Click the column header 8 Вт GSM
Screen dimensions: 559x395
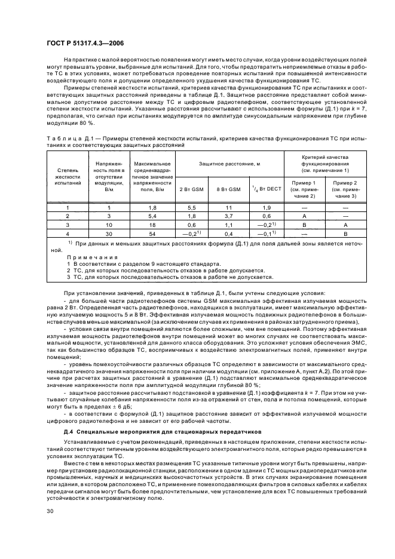tap(228, 189)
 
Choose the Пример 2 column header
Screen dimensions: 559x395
tap(344, 189)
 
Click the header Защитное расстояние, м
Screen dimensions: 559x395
tap(228, 163)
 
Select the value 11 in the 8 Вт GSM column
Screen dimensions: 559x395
tap(228, 207)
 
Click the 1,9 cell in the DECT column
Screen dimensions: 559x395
tap(264, 207)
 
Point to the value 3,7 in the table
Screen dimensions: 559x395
tap(228, 216)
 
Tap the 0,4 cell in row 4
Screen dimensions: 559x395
tap(228, 234)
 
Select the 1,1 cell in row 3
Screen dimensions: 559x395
tap(228, 225)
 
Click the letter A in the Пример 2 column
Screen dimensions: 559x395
tap(344, 225)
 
